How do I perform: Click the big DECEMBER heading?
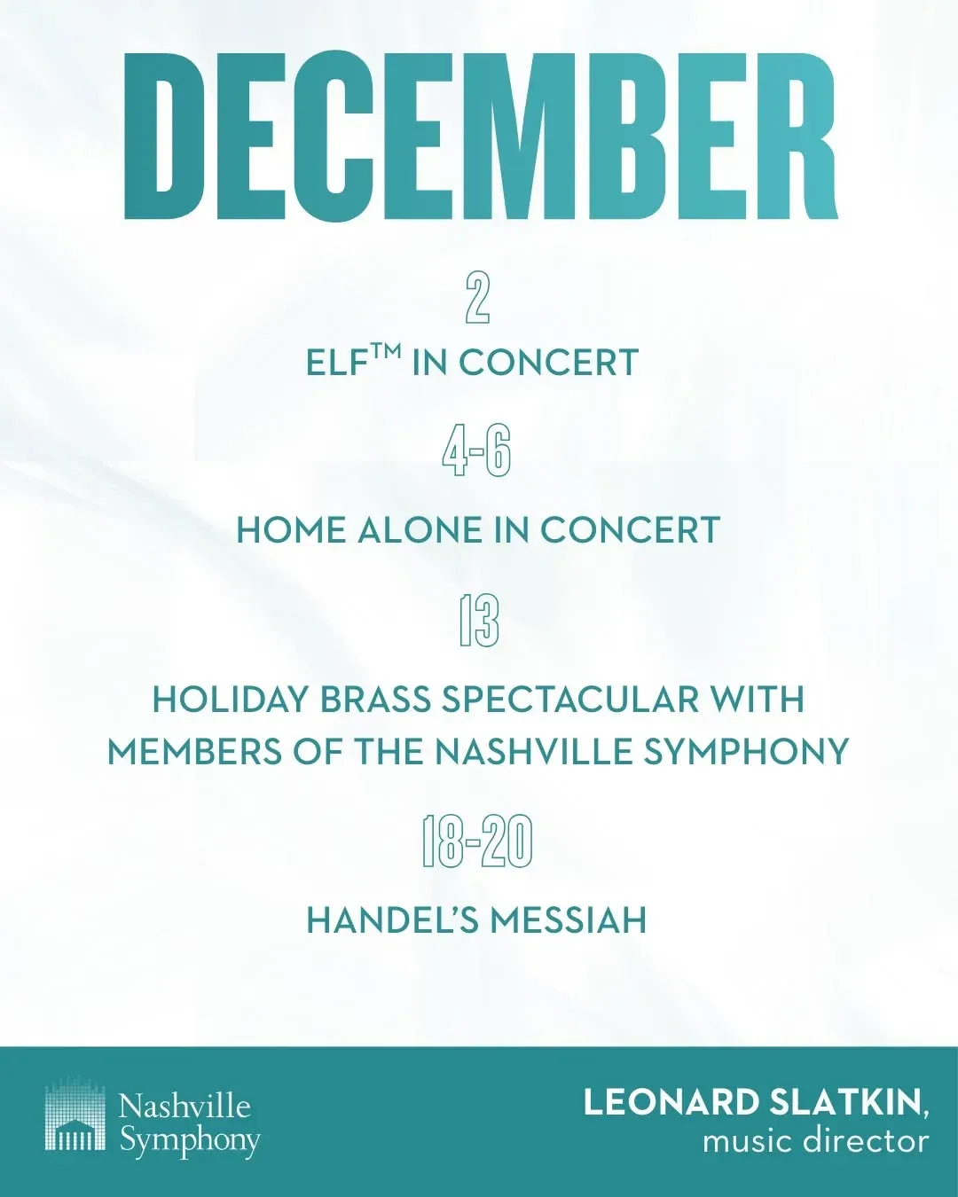pos(480,137)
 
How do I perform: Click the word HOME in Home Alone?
pos(292,530)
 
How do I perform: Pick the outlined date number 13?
pos(479,622)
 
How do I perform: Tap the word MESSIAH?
pos(568,920)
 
